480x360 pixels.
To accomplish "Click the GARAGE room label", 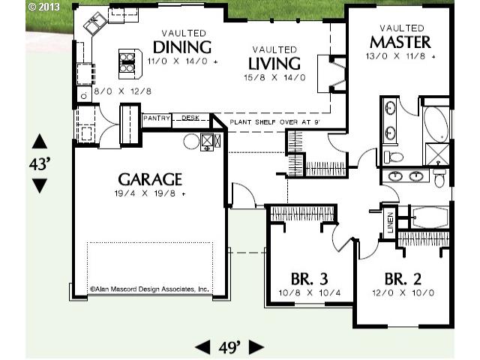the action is click(150, 179).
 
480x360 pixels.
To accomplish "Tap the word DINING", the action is click(182, 47).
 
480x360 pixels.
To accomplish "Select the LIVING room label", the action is click(274, 64).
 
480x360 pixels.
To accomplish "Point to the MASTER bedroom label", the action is click(400, 42).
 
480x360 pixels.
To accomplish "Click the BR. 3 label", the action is click(309, 279).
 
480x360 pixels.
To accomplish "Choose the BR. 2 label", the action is click(403, 279).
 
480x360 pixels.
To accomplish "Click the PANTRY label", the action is click(157, 118).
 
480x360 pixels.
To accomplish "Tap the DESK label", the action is click(190, 118).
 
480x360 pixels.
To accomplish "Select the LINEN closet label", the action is click(390, 223).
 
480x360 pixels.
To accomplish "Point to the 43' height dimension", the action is click(40, 164).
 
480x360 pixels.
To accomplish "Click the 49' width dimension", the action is click(229, 347).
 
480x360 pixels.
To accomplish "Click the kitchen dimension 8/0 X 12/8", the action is click(122, 91).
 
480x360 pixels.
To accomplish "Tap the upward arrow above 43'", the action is click(40, 142).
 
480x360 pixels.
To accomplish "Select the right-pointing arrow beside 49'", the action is click(256, 347).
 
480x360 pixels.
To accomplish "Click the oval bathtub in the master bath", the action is click(436, 124).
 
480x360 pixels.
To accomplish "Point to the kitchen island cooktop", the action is click(127, 62).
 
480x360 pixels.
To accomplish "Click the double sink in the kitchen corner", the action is click(95, 23).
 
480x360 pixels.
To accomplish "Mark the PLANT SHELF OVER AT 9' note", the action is click(275, 122).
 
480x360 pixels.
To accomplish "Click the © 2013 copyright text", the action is click(43, 7).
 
